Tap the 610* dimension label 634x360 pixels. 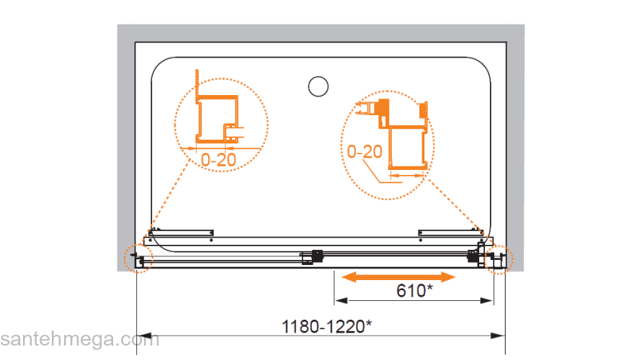pos(414,290)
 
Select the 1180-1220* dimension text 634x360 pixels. pos(326,326)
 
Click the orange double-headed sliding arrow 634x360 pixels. pos(398,276)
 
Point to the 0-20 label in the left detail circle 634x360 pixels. pos(218,160)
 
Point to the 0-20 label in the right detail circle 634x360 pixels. pos(365,151)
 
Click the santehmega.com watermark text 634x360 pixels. pos(80,339)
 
